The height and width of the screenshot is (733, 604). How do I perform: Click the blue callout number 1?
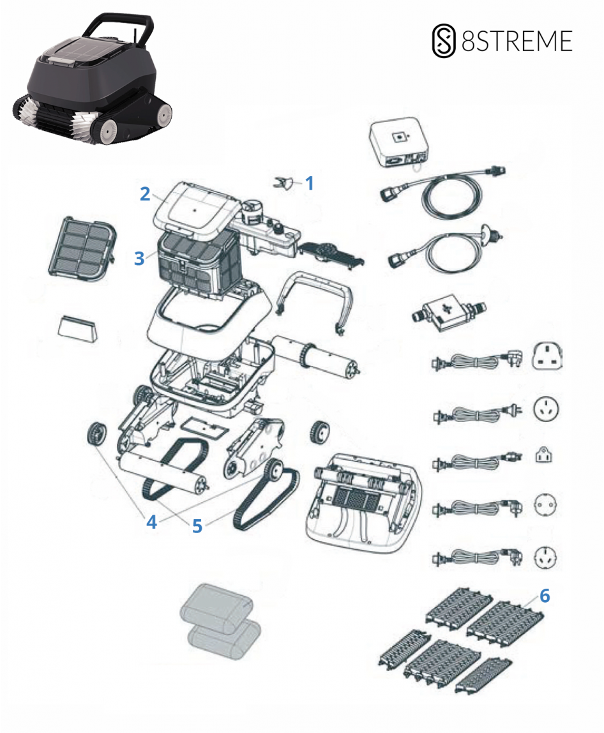[x=310, y=183]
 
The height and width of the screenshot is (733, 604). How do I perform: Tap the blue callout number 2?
[x=145, y=194]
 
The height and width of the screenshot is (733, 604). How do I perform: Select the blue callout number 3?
[x=139, y=258]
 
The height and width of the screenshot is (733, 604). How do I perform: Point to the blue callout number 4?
[x=151, y=522]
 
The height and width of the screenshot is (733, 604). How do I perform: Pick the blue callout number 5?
[x=197, y=526]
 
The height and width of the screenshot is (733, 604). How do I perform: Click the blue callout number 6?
[x=545, y=596]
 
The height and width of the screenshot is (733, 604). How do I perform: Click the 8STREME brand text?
[x=517, y=41]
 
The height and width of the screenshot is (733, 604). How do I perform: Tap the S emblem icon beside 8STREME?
[x=443, y=41]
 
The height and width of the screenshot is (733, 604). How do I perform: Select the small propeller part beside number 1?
[x=283, y=183]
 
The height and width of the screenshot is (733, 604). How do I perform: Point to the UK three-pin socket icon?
[x=547, y=357]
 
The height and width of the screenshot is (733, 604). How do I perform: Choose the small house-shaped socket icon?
[x=544, y=455]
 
